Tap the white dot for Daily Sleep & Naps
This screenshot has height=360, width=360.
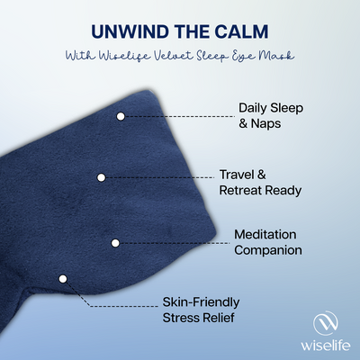coord(121,115)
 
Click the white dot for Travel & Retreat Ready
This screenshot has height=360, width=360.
coord(102,177)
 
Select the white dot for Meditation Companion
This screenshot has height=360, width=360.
coord(115,242)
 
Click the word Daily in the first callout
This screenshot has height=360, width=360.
coord(255,108)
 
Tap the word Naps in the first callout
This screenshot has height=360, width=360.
coord(267,124)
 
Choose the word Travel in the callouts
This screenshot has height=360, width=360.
coord(239,173)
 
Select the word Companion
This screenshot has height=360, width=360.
coord(267,251)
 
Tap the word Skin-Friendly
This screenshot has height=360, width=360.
coord(202,301)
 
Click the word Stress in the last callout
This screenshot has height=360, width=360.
coord(182,317)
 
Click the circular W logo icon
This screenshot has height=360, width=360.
coord(327,321)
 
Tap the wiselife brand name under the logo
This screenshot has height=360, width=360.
coord(327,344)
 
